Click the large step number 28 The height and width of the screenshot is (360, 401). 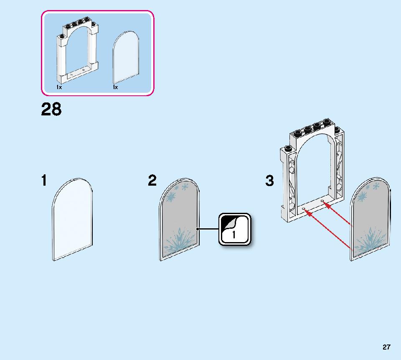(x=51, y=109)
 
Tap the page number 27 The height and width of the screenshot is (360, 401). (x=386, y=347)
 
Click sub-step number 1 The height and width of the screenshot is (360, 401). (x=44, y=181)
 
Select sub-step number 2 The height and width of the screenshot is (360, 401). (x=152, y=181)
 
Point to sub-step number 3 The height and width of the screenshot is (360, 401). (x=269, y=181)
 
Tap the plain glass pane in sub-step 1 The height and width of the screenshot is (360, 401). (x=72, y=219)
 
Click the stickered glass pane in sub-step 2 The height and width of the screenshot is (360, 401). (x=179, y=219)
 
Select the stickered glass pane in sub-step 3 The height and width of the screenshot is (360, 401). (x=370, y=219)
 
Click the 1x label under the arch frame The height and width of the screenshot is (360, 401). (x=59, y=87)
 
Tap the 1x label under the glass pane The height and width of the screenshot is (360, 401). (x=115, y=87)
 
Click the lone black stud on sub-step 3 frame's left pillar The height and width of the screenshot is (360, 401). (x=288, y=148)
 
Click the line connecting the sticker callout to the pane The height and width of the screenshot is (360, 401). (x=208, y=229)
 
